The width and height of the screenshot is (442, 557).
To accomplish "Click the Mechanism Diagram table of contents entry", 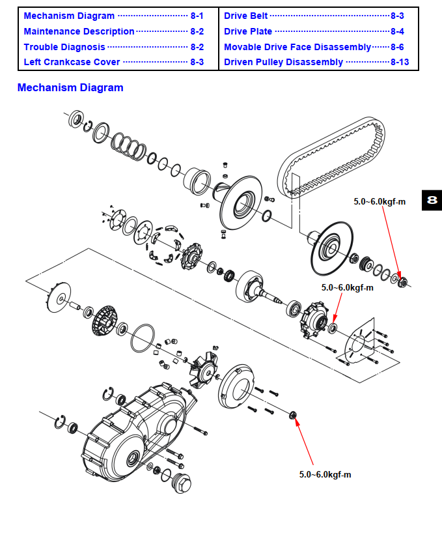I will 68,16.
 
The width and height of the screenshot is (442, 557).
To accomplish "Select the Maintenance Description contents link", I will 79,31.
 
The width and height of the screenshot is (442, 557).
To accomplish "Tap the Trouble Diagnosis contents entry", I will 64,47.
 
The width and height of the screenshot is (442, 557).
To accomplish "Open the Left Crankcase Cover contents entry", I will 72,62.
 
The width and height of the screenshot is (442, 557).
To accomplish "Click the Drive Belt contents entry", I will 245,16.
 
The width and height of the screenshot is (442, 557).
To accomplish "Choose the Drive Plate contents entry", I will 248,31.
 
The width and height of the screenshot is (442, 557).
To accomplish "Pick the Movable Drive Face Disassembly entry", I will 297,47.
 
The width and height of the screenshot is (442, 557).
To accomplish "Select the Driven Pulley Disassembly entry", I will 283,63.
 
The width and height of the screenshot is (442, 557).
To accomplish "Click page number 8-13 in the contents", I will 400,63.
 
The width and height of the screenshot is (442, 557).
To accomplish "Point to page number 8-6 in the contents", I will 397,47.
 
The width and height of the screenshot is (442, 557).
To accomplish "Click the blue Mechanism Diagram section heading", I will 70,88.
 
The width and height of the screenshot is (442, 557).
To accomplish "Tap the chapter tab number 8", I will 432,201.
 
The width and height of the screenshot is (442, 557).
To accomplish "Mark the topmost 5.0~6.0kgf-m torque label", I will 380,202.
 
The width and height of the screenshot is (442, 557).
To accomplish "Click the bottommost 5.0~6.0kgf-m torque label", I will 325,474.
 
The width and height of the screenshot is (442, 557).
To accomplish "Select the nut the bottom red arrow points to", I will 292,415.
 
